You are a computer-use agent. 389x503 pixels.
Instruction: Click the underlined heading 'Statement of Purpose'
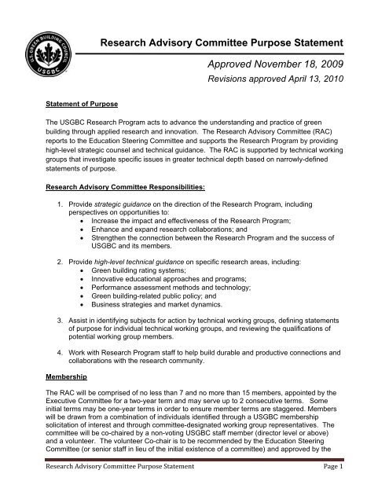(x=79, y=123)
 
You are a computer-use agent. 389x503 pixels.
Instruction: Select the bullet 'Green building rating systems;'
(x=171, y=303)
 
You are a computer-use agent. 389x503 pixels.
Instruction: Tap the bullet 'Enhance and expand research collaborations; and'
(x=204, y=267)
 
